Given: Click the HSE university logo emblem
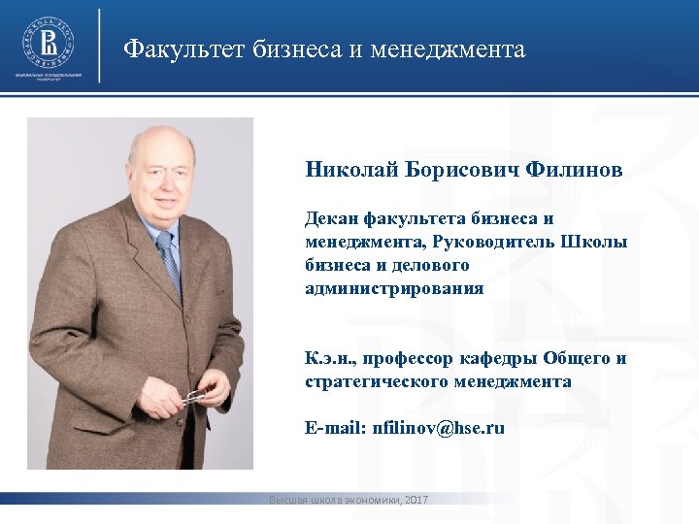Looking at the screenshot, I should click(x=49, y=41).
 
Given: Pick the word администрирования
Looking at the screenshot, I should click(x=394, y=288).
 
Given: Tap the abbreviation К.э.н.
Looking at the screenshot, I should click(x=328, y=359).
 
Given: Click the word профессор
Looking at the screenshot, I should click(x=406, y=359).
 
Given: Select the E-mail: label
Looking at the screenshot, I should click(x=336, y=428).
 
